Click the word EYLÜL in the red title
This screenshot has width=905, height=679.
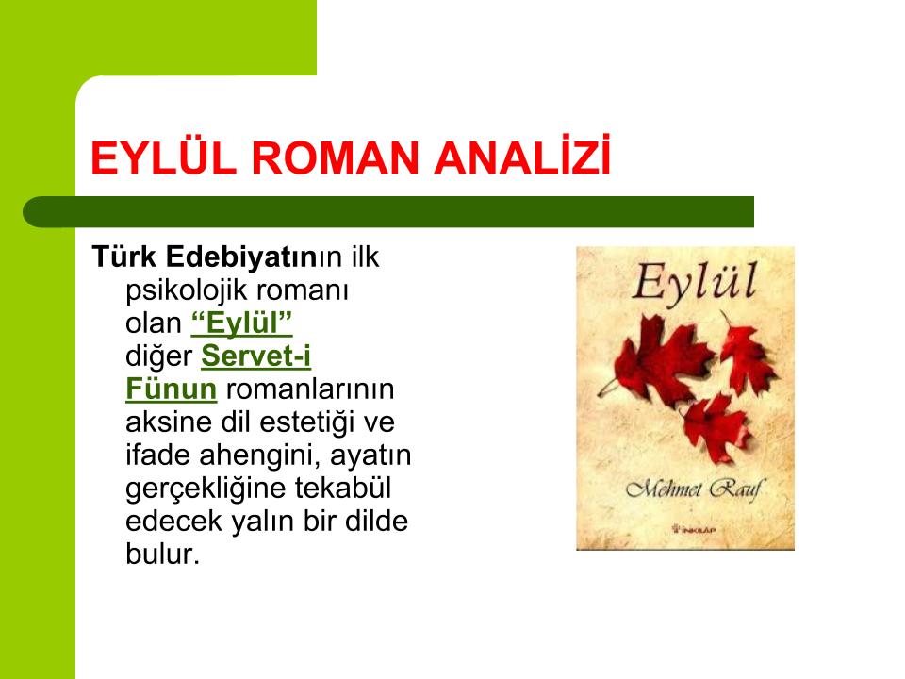click(163, 157)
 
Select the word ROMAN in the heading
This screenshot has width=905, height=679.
click(335, 157)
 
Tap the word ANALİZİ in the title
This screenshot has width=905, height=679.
click(522, 155)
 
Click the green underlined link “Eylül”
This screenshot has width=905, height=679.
click(241, 323)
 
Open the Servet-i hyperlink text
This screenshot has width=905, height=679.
click(255, 356)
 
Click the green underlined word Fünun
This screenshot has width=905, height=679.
click(171, 389)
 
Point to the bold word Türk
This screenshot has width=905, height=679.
click(124, 257)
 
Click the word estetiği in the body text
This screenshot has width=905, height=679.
click(307, 422)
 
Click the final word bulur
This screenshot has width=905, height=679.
click(162, 554)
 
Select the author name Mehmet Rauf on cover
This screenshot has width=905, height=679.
click(694, 490)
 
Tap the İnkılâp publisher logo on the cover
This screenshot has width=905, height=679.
click(693, 528)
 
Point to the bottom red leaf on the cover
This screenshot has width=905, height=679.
click(716, 426)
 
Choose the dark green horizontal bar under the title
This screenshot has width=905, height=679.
click(388, 212)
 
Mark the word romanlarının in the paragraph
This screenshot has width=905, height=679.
click(310, 389)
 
